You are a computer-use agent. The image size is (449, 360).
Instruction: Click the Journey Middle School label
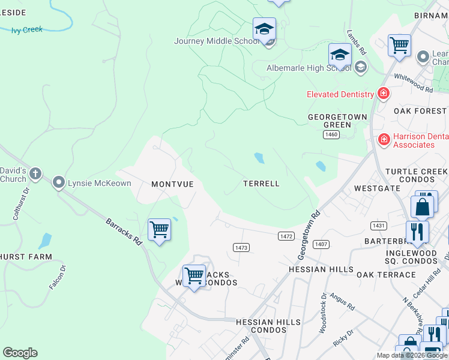pyautogui.click(x=217, y=41)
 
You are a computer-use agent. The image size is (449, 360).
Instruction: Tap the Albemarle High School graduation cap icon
pyautogui.click(x=340, y=56)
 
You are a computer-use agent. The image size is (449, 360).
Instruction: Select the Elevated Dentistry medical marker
pyautogui.click(x=383, y=94)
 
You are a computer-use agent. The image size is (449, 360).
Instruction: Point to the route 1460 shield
pyautogui.click(x=331, y=135)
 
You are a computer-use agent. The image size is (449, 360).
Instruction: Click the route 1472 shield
pyautogui.click(x=286, y=236)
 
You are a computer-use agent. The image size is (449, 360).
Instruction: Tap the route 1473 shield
pyautogui.click(x=241, y=247)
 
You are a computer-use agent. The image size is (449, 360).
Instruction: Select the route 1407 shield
pyautogui.click(x=321, y=244)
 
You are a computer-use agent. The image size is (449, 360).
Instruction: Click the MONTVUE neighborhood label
pyautogui.click(x=172, y=184)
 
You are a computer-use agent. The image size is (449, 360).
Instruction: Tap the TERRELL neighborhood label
pyautogui.click(x=261, y=184)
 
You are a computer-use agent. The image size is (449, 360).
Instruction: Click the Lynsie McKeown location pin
pyautogui.click(x=59, y=182)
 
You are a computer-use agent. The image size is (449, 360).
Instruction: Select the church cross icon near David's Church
pyautogui.click(x=35, y=175)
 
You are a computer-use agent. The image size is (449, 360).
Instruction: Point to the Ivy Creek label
pyautogui.click(x=27, y=29)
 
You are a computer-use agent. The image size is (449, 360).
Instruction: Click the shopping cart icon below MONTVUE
pyautogui.click(x=159, y=229)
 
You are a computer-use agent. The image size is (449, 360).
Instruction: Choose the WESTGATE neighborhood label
pyautogui.click(x=377, y=188)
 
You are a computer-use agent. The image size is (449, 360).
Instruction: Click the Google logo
pyautogui.click(x=20, y=353)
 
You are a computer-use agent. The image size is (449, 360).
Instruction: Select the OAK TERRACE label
pyautogui.click(x=386, y=275)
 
